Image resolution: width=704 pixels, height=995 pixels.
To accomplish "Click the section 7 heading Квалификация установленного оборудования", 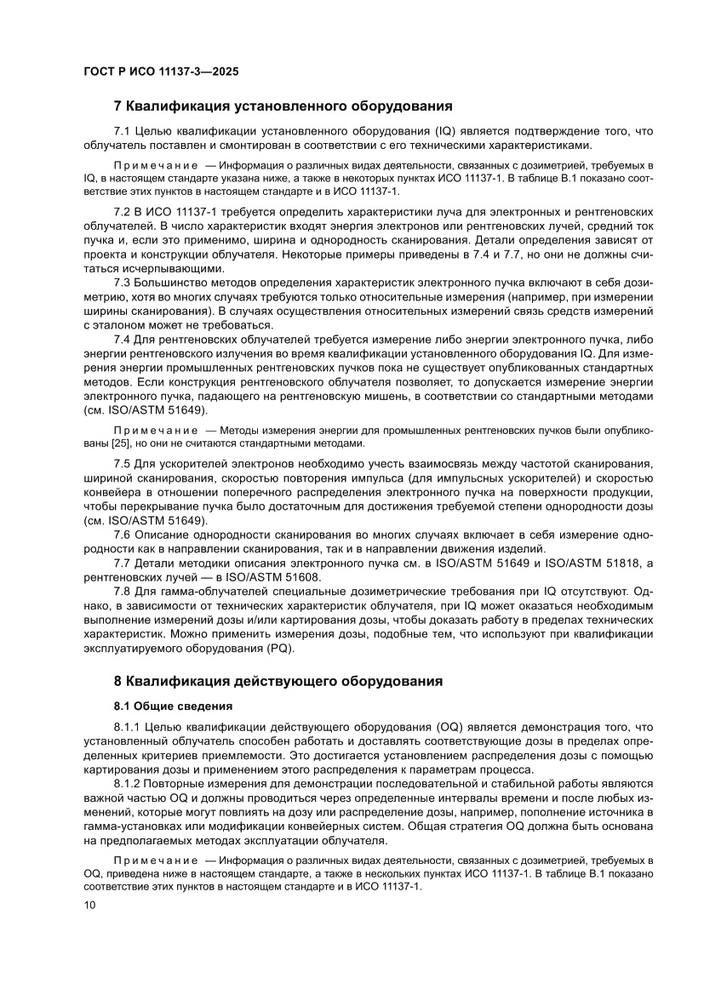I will coord(282,106).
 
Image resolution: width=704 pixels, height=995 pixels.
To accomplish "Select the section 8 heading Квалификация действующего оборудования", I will coord(278,681).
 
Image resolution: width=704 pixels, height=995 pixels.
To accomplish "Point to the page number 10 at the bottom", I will coord(89,905).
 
